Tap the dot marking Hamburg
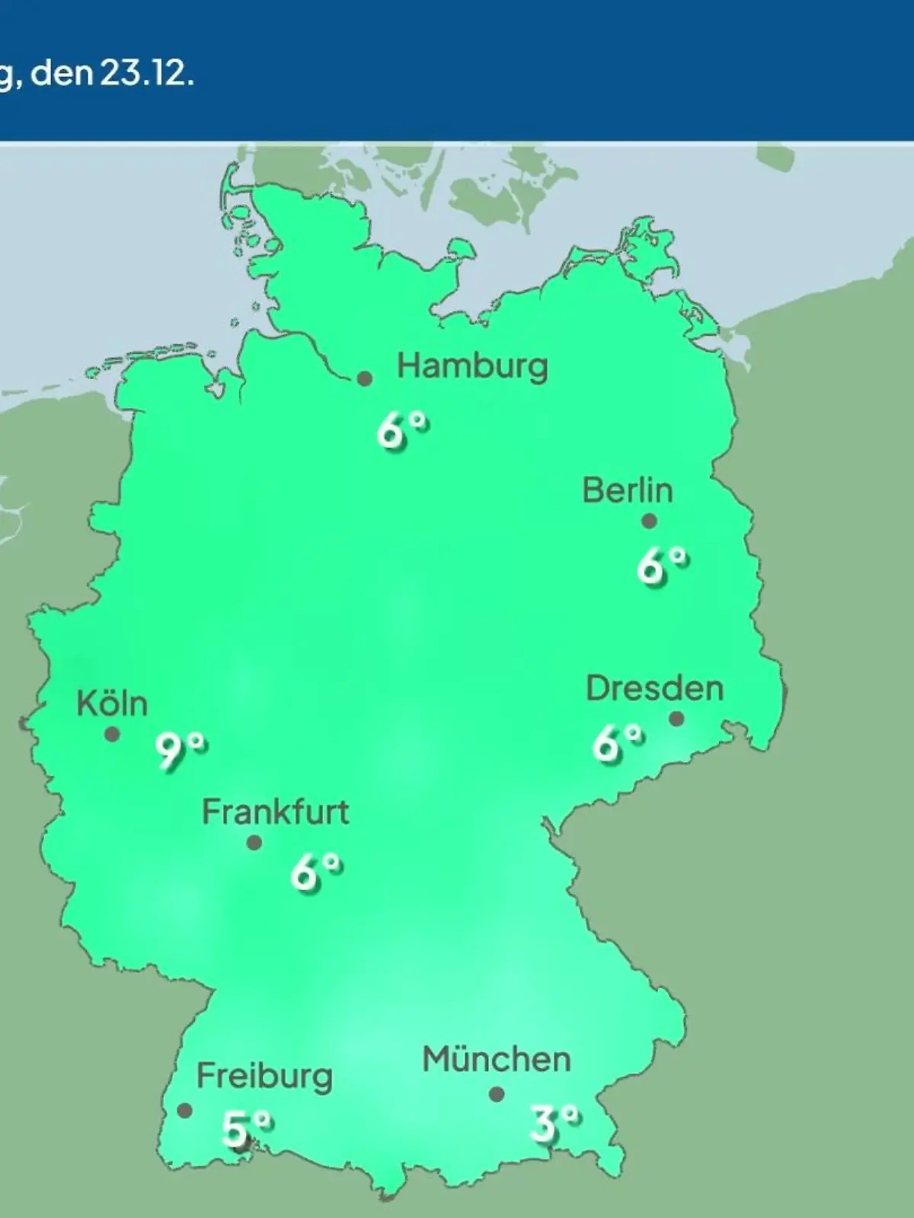(x=365, y=378)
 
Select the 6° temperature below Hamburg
(x=402, y=432)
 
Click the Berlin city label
(x=628, y=490)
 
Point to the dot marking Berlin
(x=649, y=521)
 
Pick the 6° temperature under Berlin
(x=663, y=566)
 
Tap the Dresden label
(x=654, y=689)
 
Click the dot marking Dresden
(x=676, y=719)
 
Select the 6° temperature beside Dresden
(x=618, y=743)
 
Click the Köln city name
(x=112, y=704)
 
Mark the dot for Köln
(x=112, y=735)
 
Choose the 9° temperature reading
(x=181, y=751)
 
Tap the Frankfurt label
(x=275, y=813)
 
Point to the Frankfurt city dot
(x=254, y=843)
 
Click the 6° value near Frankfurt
(x=315, y=872)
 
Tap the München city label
(x=497, y=1060)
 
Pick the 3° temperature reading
(x=554, y=1124)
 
